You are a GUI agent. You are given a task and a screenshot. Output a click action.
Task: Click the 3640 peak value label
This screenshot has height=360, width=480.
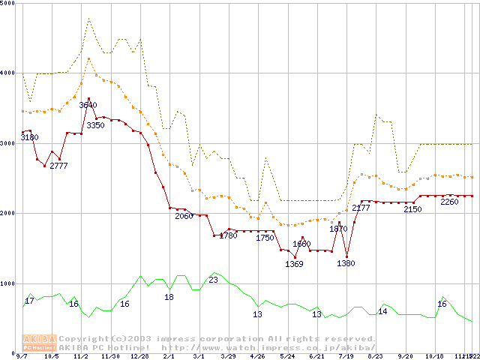pyautogui.click(x=88, y=105)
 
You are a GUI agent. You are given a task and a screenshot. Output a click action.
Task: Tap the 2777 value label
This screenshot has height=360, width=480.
pyautogui.click(x=59, y=166)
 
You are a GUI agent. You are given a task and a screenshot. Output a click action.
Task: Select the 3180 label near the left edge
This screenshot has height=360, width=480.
pyautogui.click(x=30, y=138)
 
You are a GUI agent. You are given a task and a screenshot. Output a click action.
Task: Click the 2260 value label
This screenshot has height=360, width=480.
pyautogui.click(x=450, y=202)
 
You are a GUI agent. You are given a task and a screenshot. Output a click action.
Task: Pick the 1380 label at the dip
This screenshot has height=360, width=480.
pyautogui.click(x=346, y=263)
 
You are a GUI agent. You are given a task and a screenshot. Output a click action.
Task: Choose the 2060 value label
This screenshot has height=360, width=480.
pyautogui.click(x=184, y=216)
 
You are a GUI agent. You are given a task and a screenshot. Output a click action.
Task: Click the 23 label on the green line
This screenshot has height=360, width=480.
pyautogui.click(x=213, y=280)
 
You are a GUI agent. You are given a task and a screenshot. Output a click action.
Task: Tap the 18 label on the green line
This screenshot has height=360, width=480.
pyautogui.click(x=169, y=297)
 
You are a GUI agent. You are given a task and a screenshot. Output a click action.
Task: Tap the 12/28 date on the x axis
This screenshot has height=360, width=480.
pyautogui.click(x=140, y=356)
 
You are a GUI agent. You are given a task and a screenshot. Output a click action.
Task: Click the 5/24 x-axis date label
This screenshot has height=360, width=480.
pyautogui.click(x=287, y=356)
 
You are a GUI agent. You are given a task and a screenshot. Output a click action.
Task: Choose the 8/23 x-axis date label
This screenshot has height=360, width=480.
pyautogui.click(x=375, y=356)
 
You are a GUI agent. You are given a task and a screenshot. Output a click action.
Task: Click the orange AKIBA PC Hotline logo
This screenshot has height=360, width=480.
pyautogui.click(x=39, y=343)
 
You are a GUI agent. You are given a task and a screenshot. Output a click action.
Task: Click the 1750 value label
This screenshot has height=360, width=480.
pyautogui.click(x=265, y=238)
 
